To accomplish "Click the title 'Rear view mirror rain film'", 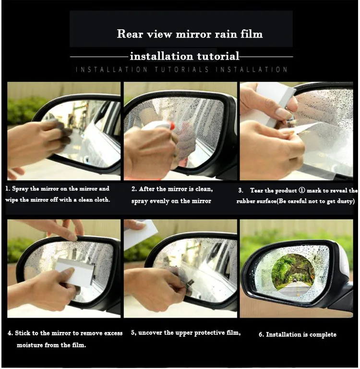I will point(190,34).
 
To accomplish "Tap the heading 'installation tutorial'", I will point(184,56).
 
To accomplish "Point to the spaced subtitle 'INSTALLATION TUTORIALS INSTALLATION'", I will point(182,70).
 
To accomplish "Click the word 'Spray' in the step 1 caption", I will point(21,189).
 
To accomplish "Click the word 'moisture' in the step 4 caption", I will point(31,345).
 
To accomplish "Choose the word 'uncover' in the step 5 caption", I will point(153,333).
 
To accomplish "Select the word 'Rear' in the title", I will point(127,34).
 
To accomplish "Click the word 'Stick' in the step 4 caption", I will point(24,333).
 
